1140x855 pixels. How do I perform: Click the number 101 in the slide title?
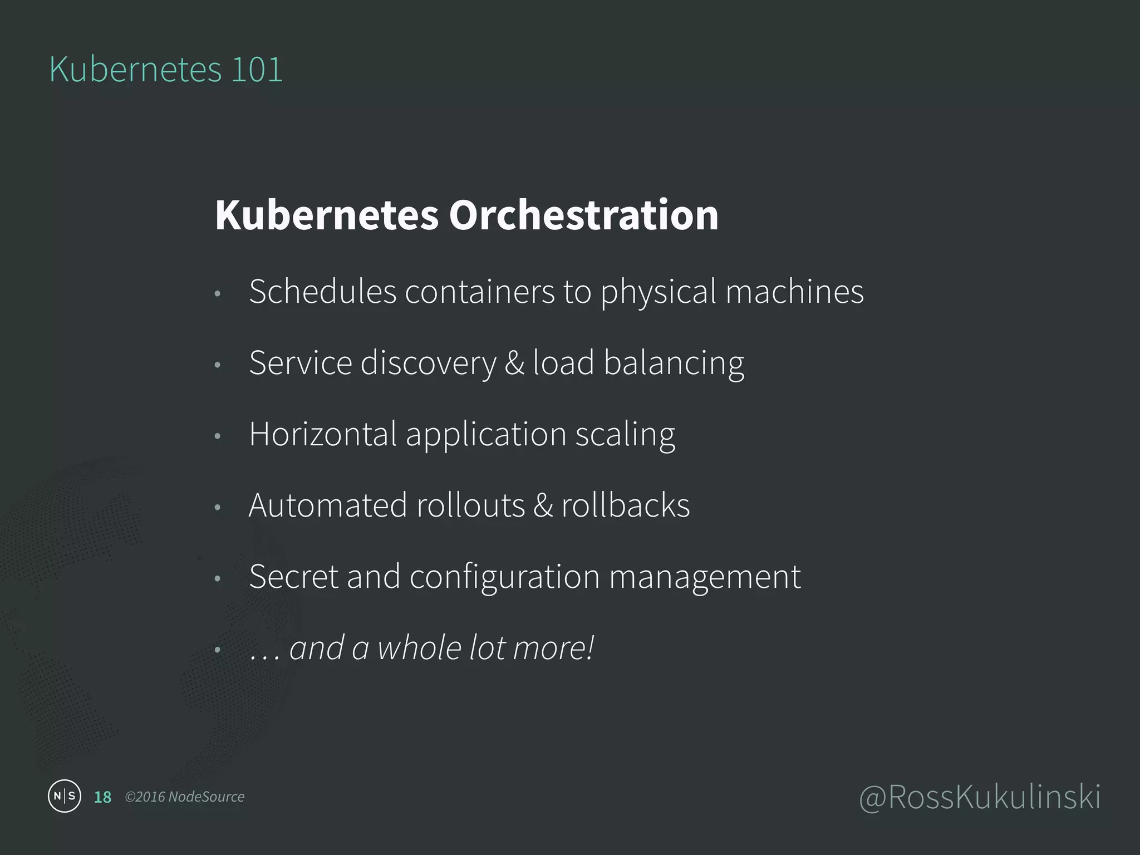[257, 70]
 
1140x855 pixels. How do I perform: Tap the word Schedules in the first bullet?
[322, 291]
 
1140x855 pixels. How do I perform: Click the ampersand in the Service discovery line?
[514, 363]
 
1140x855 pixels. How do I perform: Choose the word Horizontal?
[322, 434]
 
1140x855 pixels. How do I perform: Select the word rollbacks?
[625, 505]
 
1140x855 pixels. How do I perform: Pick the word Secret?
[293, 576]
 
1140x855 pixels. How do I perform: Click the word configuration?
[504, 577]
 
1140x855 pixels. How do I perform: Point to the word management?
[705, 577]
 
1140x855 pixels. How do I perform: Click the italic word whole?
[419, 647]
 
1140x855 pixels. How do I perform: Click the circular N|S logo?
[65, 796]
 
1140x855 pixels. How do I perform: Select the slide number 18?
[102, 797]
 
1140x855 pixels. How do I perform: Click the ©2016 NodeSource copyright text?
[184, 797]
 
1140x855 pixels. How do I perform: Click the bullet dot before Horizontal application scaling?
[218, 436]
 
